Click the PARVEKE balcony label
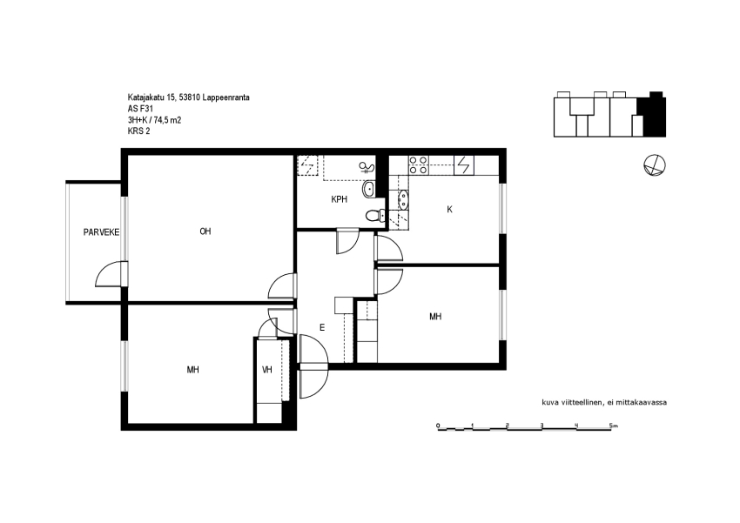coord(101,232)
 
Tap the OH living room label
coord(205,231)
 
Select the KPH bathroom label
coord(339,199)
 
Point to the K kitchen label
coord(450,210)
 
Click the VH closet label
coord(267,370)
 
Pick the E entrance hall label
coord(322,327)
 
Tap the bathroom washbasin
coord(369,190)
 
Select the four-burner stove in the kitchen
coord(418,165)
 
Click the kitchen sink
coord(403,199)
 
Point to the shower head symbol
coord(367,167)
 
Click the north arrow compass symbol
coord(655,165)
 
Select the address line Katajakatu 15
coord(188,97)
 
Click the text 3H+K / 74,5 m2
coord(154,120)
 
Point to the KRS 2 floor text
coord(138,131)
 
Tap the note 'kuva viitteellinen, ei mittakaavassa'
coord(604,403)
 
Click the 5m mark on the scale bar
coord(613,426)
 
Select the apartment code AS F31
coord(140,109)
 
